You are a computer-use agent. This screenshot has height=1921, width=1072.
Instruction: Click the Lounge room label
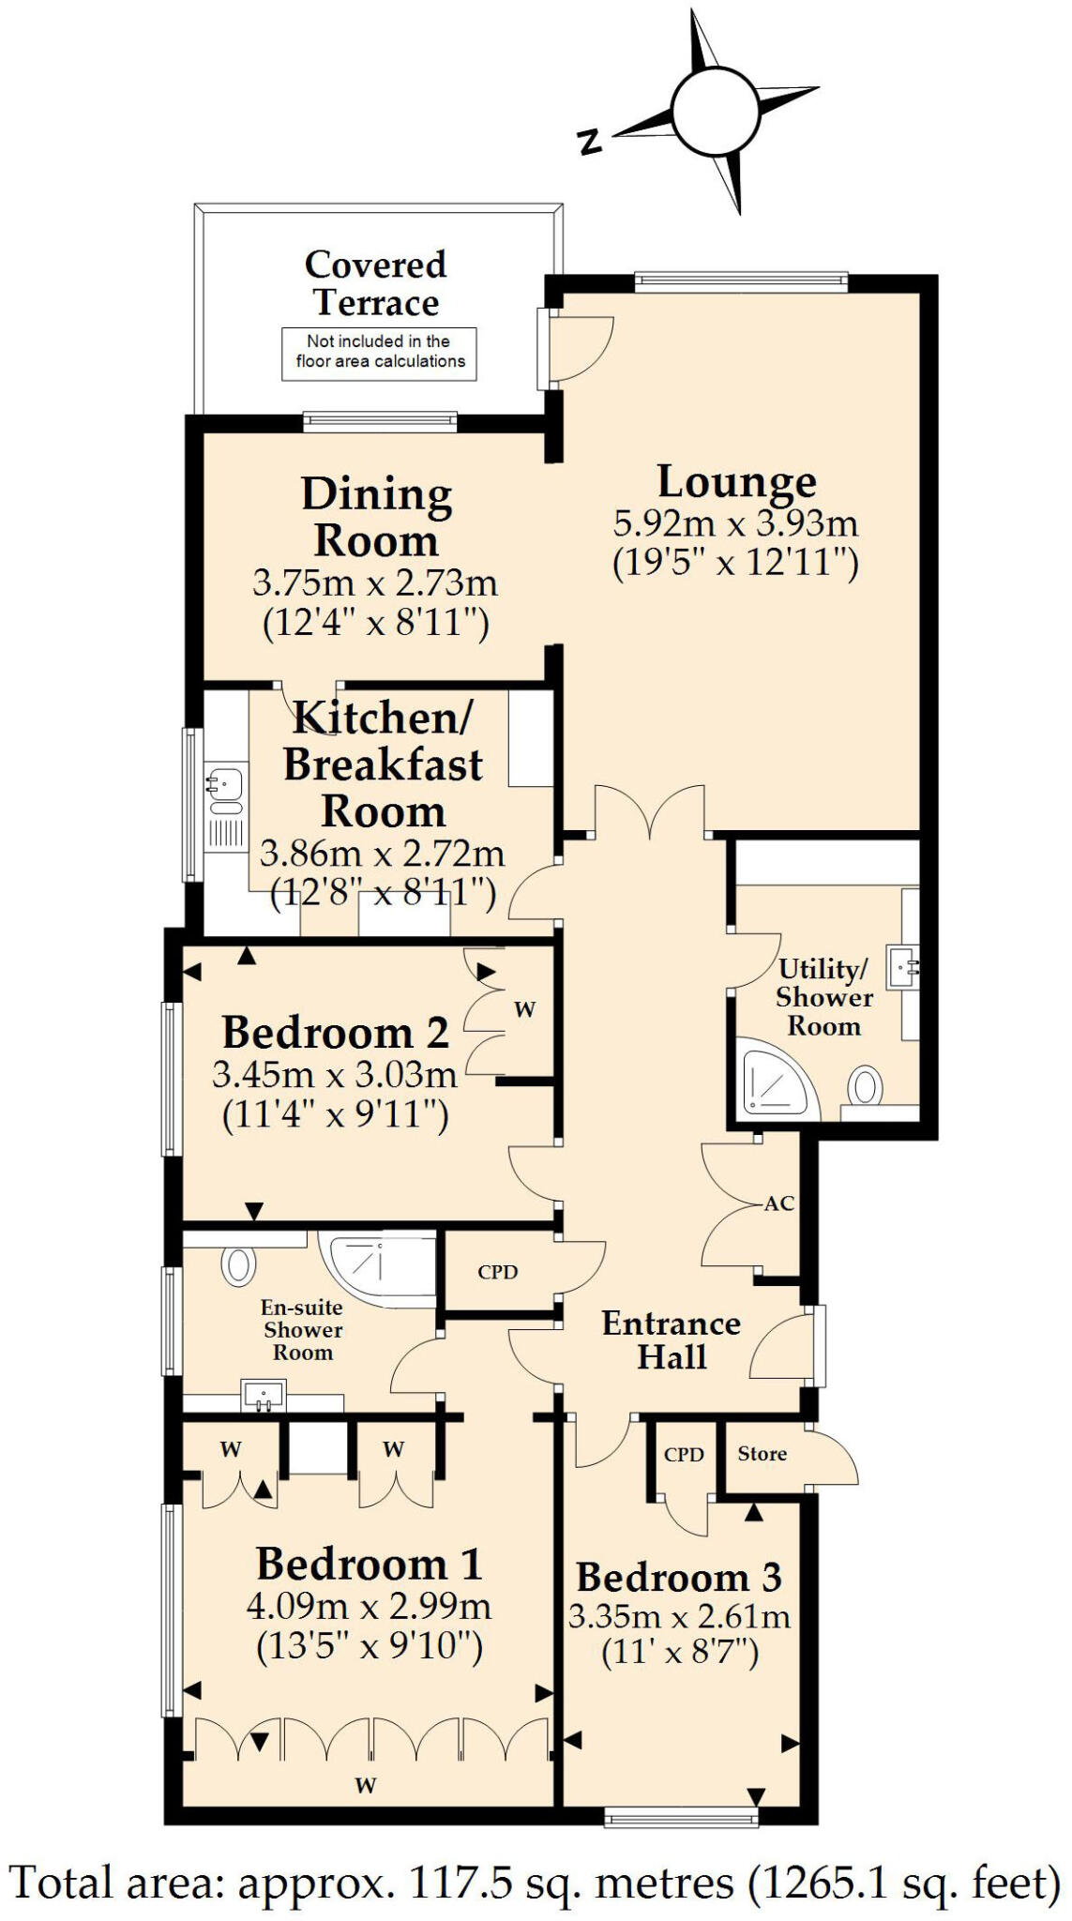pyautogui.click(x=736, y=482)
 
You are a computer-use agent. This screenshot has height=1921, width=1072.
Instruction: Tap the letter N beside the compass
pyautogui.click(x=589, y=142)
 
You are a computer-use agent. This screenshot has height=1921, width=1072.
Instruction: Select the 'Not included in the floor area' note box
pyautogui.click(x=380, y=353)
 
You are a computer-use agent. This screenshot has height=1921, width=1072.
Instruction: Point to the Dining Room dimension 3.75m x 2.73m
pyautogui.click(x=374, y=583)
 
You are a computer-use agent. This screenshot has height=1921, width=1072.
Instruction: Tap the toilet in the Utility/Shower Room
pyautogui.click(x=865, y=1088)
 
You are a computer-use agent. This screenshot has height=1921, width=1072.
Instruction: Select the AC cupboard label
pyautogui.click(x=778, y=1203)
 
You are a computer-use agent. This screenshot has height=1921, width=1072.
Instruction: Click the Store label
pyautogui.click(x=762, y=1454)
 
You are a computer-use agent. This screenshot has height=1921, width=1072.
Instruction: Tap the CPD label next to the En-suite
pyautogui.click(x=497, y=1272)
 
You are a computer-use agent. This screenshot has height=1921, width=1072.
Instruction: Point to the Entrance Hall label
pyautogui.click(x=672, y=1340)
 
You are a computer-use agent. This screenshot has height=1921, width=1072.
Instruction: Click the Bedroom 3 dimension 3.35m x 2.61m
pyautogui.click(x=679, y=1616)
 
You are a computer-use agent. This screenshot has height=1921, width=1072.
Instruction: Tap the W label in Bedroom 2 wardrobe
pyautogui.click(x=525, y=1010)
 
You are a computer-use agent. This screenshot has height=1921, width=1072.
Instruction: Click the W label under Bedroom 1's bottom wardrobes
pyautogui.click(x=366, y=1785)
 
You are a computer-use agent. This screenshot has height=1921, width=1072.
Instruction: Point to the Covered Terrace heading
pyautogui.click(x=375, y=283)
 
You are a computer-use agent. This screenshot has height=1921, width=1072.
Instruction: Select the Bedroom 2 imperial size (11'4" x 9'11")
pyautogui.click(x=335, y=1115)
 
